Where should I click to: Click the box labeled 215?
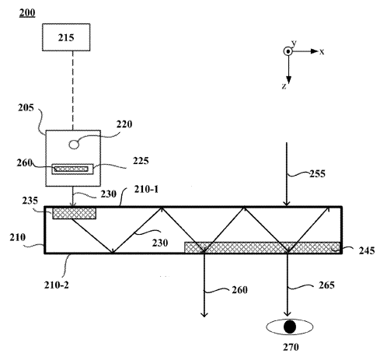66,37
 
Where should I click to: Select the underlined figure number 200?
27,12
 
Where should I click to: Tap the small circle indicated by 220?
74,144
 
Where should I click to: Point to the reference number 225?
141,161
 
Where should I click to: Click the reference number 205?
26,107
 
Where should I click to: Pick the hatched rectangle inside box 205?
71,170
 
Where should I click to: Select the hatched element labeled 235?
75,213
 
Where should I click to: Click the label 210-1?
146,190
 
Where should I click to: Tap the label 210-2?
57,285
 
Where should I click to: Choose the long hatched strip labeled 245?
262,247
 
